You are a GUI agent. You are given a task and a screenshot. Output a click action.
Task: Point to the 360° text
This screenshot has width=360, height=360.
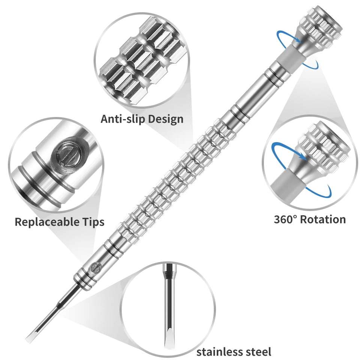[287, 219]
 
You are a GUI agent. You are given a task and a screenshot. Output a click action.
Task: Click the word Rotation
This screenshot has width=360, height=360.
[324, 219]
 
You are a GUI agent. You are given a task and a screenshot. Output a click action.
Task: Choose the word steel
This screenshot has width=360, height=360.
[257, 352]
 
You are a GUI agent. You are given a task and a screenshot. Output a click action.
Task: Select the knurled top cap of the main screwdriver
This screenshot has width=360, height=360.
[324, 22]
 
